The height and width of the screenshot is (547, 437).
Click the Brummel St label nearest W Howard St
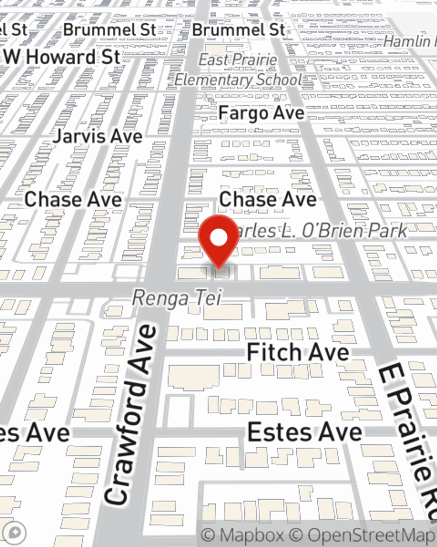(109, 30)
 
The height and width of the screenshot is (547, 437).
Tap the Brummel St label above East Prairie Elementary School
(239, 30)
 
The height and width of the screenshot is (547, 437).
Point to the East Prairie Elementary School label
(238, 70)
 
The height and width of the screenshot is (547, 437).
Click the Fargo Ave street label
(261, 113)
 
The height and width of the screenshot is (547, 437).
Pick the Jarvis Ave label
(97, 136)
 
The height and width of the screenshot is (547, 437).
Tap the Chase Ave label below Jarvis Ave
(73, 200)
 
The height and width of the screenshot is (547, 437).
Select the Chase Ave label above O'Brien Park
(267, 199)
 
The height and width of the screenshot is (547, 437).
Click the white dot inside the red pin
(218, 238)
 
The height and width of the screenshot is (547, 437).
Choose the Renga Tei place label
(177, 298)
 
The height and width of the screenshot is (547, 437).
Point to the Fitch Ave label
(298, 352)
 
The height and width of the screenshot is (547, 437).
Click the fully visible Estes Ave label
(305, 432)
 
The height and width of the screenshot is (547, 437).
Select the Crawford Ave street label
(131, 414)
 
